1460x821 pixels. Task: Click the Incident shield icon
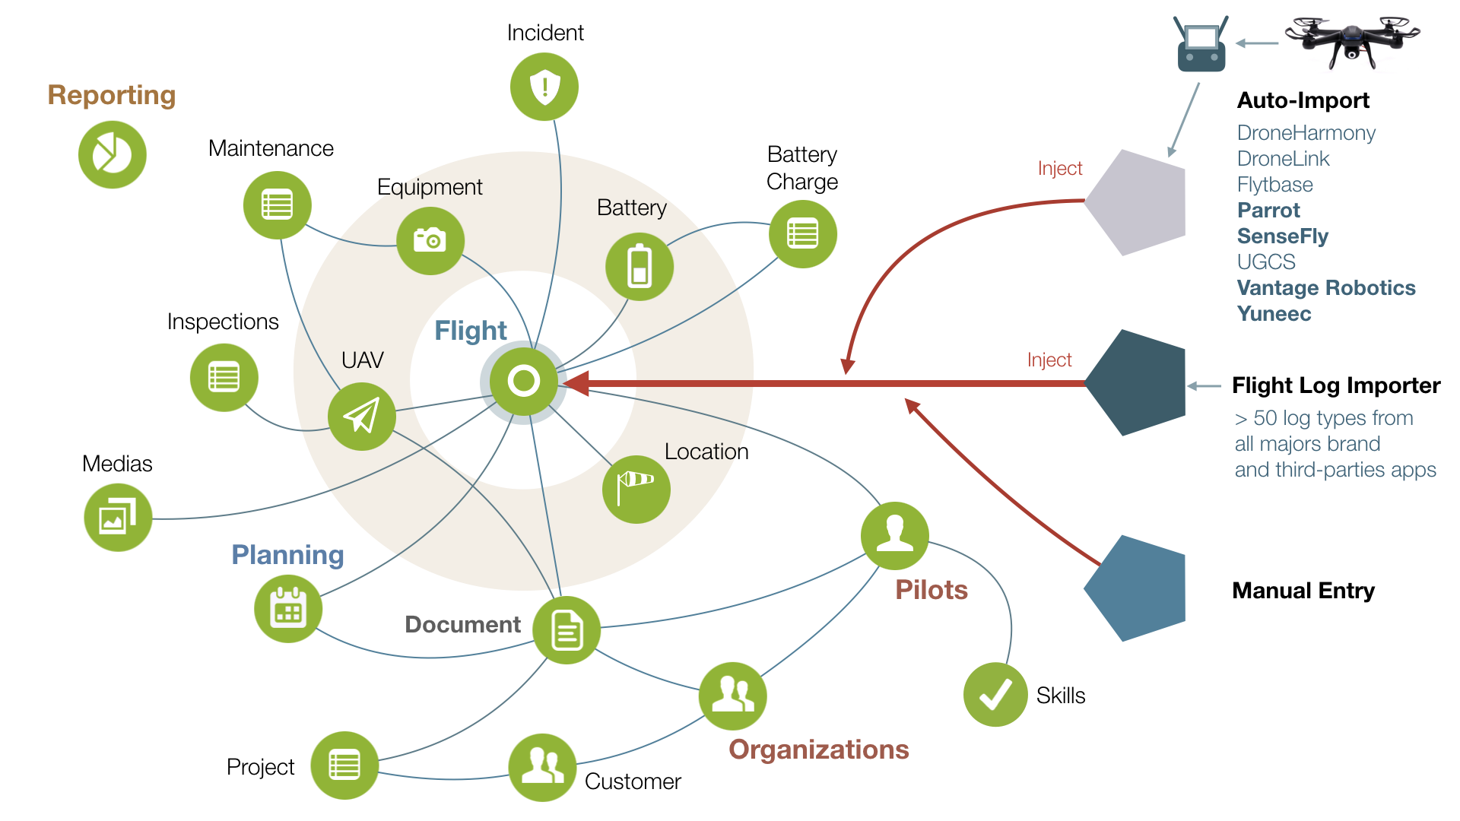[x=544, y=87]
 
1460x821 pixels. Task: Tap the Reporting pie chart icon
[x=113, y=155]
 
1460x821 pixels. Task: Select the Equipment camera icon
[x=430, y=240]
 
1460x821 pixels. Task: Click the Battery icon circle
[x=640, y=267]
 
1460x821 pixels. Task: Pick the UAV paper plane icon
[x=361, y=416]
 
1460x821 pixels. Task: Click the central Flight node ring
[x=524, y=381]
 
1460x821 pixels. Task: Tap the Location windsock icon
[x=636, y=489]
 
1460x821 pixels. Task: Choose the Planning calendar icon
[x=288, y=609]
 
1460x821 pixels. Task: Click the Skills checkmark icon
[x=995, y=694]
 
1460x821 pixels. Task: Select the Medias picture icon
[x=118, y=518]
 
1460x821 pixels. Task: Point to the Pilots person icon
[x=895, y=535]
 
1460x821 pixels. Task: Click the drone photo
[x=1352, y=41]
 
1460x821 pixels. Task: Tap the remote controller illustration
[x=1201, y=46]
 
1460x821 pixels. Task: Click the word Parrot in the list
[x=1268, y=211]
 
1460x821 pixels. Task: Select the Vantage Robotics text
[x=1325, y=288]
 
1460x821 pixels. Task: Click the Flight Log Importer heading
[x=1335, y=385]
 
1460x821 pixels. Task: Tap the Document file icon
[x=567, y=630]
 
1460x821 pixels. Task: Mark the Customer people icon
[x=542, y=767]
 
